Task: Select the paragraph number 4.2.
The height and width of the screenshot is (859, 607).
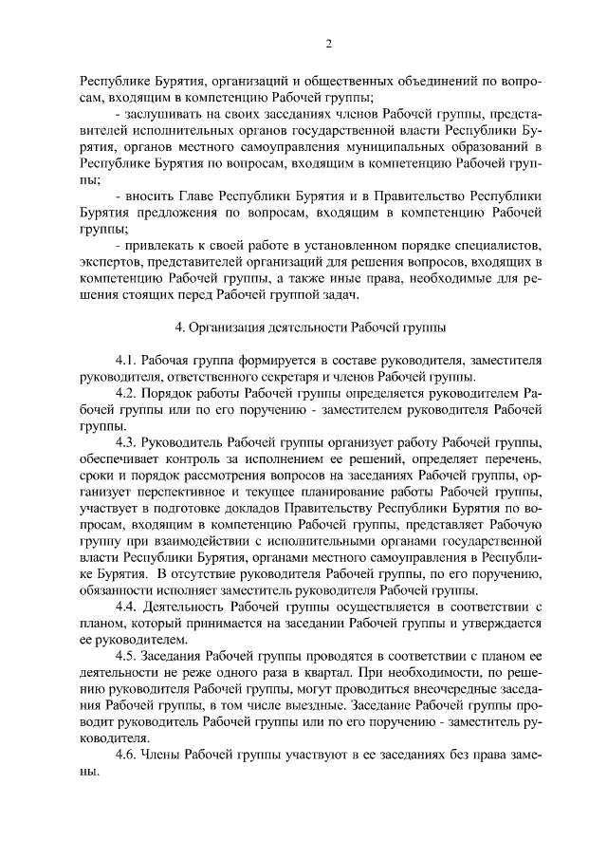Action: (127, 394)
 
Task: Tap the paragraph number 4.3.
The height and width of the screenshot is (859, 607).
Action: (127, 443)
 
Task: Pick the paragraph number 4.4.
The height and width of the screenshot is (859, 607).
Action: (127, 607)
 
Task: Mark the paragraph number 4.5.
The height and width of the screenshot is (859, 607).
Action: (127, 657)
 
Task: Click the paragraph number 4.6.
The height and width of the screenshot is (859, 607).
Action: (127, 756)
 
